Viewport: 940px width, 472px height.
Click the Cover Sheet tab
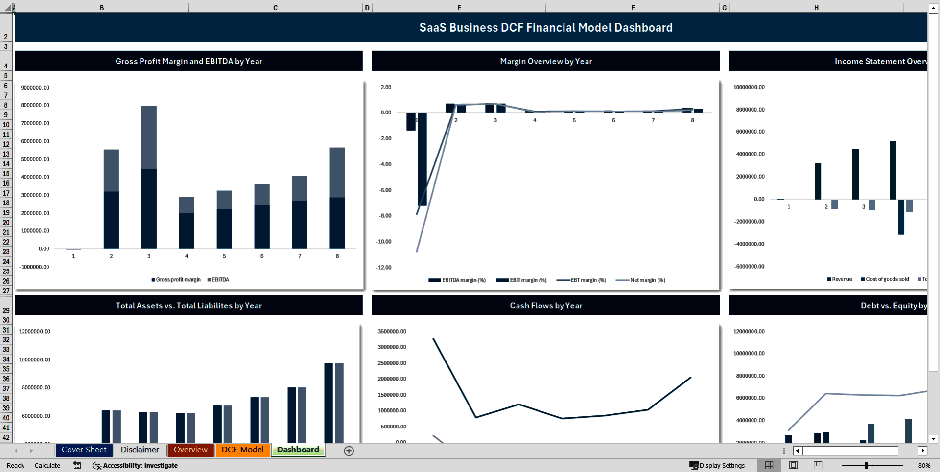[x=84, y=450]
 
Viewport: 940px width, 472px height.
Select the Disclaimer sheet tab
[x=140, y=450]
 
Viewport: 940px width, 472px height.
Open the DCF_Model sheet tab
[x=242, y=450]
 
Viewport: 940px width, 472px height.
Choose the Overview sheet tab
[x=190, y=450]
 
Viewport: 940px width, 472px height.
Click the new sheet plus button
[x=349, y=451]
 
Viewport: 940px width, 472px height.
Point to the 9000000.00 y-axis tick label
[x=35, y=88]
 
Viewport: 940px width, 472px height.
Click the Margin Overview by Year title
[x=546, y=61]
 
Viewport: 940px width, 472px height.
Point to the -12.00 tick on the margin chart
[x=384, y=268]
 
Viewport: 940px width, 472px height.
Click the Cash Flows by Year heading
[x=546, y=306]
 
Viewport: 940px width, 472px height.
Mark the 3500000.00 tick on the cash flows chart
[x=392, y=332]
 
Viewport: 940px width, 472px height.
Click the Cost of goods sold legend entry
[x=887, y=279]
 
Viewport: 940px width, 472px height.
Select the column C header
[x=275, y=8]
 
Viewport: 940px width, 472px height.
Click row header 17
[x=6, y=193]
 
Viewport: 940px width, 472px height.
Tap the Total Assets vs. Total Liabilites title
[x=188, y=306]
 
